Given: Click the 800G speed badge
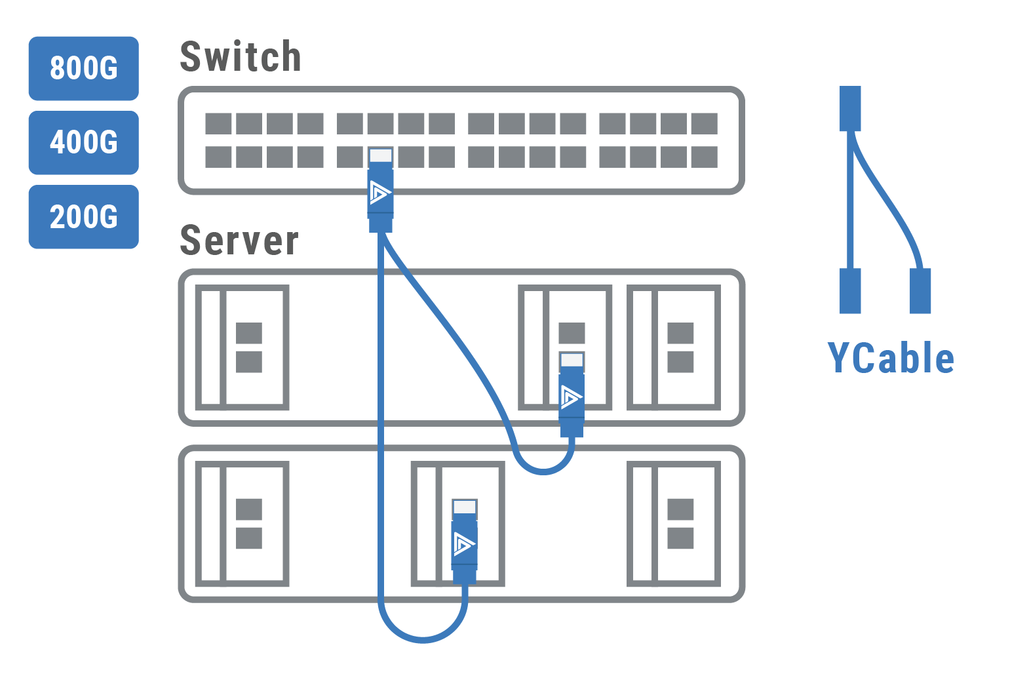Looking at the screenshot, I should point(84,68).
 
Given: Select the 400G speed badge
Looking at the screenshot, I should point(84,142).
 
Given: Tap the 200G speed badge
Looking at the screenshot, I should point(84,217).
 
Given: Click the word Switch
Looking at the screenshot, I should point(241,57).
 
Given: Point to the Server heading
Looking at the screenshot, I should point(239,241).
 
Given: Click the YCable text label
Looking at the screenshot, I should point(890,359).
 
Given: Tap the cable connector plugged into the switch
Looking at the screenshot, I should point(380,190).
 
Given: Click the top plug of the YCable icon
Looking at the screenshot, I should point(850,109).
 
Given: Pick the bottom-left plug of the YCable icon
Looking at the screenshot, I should point(850,290).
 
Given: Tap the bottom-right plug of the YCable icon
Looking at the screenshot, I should point(920,290).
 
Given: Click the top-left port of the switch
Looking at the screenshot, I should point(218,124).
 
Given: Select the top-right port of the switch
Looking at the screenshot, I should point(704,124).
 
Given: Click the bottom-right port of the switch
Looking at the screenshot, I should point(704,157).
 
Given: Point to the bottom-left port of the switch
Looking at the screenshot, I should point(218,157).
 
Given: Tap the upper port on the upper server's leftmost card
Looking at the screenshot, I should point(249,333).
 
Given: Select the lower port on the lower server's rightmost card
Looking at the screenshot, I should point(680,538).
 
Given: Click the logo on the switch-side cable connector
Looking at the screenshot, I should point(380,192).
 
